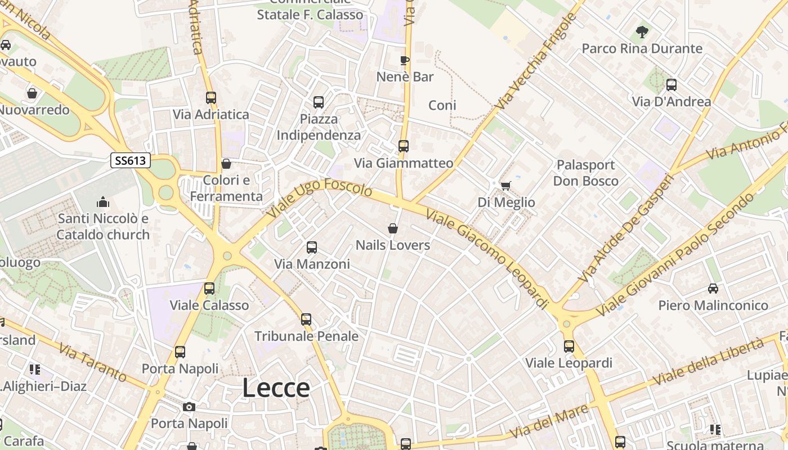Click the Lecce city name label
pos(276,388)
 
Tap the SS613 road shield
pos(130,161)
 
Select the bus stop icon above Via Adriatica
pos(211,98)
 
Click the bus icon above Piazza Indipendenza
pos(319,102)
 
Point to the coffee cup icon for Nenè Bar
pos(404,60)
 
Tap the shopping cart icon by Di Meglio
pos(506,186)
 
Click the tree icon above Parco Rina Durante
pos(642,32)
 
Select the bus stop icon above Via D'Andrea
pos(671,85)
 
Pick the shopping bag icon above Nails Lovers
pos(393,228)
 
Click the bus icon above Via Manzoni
pos(311,247)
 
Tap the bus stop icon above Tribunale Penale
pos(306,319)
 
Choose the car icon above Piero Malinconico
pos(713,289)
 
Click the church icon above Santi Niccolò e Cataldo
pos(103,201)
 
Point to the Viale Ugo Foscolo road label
pos(320,200)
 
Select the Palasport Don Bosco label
pos(585,173)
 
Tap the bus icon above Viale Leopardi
pos(569,346)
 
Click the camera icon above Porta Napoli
pos(189,407)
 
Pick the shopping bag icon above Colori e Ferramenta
pos(226,164)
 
